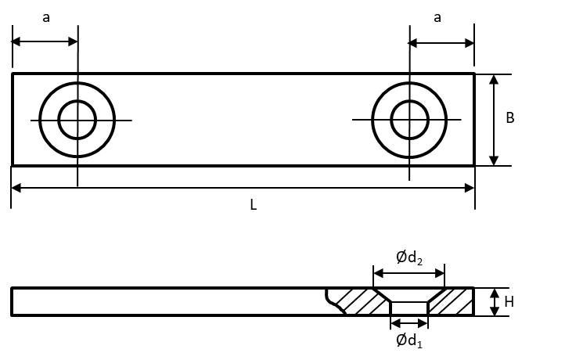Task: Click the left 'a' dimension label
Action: click(x=46, y=18)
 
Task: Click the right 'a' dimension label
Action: click(x=437, y=18)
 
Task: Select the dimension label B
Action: click(x=510, y=118)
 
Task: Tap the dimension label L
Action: click(x=254, y=205)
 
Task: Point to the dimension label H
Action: click(x=509, y=302)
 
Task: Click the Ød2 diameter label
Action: click(x=409, y=257)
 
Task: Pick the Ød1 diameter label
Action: click(x=409, y=340)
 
